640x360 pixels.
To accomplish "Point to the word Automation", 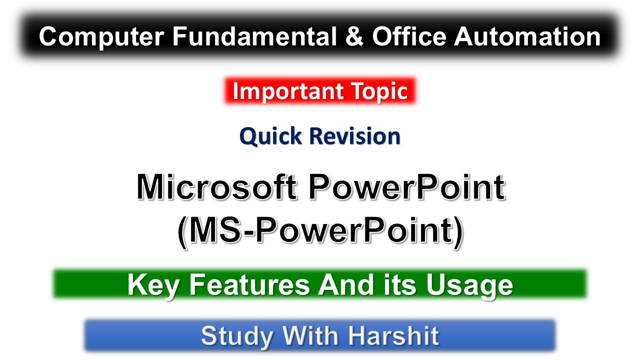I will click(527, 37).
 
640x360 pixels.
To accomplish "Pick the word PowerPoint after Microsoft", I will click(406, 189).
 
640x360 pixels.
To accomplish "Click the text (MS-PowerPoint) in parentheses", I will click(320, 231).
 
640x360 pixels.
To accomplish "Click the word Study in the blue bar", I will click(236, 336).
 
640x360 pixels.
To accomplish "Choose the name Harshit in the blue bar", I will click(395, 336).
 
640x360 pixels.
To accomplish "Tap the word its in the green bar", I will click(400, 285).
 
